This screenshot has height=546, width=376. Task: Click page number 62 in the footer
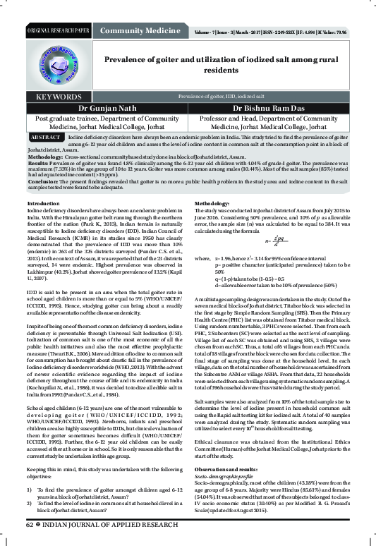30,525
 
